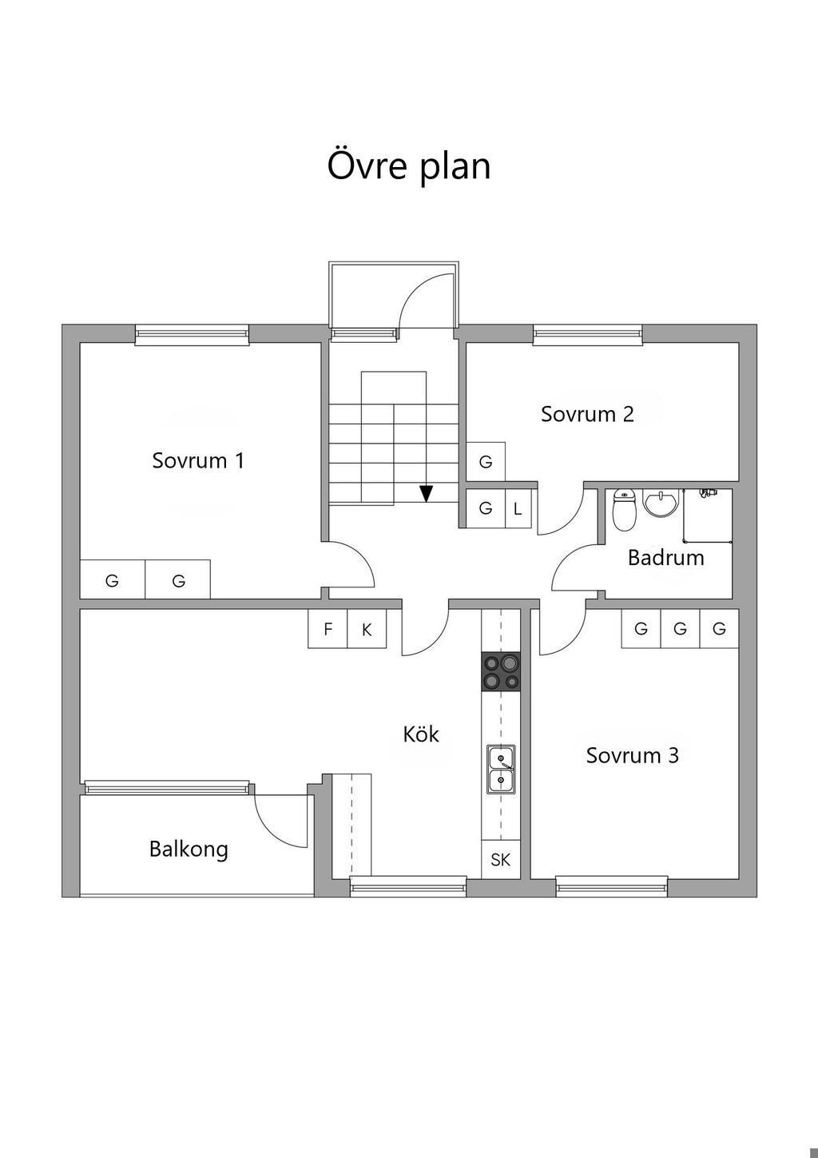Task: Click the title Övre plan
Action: tap(409, 165)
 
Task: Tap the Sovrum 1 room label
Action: tap(198, 460)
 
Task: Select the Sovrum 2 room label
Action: tap(587, 414)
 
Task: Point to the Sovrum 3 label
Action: tap(632, 755)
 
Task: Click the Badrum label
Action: tap(666, 558)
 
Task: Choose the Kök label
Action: tap(421, 734)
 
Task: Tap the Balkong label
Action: tap(189, 850)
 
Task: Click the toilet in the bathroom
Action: tap(624, 510)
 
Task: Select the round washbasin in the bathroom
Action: tap(661, 503)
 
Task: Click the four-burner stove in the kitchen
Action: tap(501, 671)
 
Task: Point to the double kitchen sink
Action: tap(501, 770)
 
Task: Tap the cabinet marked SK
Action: tap(501, 859)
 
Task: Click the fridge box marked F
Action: tap(328, 629)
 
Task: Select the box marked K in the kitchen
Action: tap(367, 629)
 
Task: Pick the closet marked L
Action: tap(518, 509)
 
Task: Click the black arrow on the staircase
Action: tap(426, 494)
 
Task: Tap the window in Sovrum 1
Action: tap(192, 335)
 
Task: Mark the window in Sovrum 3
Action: tap(612, 886)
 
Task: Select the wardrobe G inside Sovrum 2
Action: tap(486, 462)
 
